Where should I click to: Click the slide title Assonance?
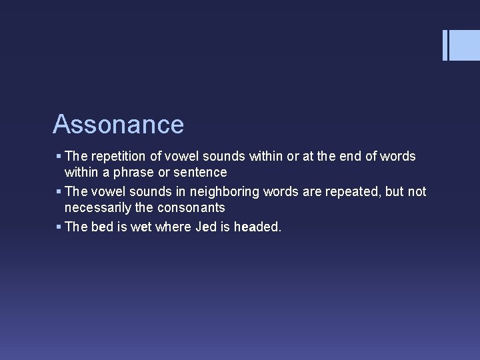point(118,125)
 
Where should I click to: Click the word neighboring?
point(231,192)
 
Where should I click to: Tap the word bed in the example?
point(102,227)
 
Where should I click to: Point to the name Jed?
point(206,227)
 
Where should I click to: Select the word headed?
point(258,227)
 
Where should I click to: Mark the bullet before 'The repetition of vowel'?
point(59,157)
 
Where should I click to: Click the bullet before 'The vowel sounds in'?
point(59,193)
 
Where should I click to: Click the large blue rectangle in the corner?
point(465,45)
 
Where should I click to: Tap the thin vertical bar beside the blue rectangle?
point(445,45)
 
